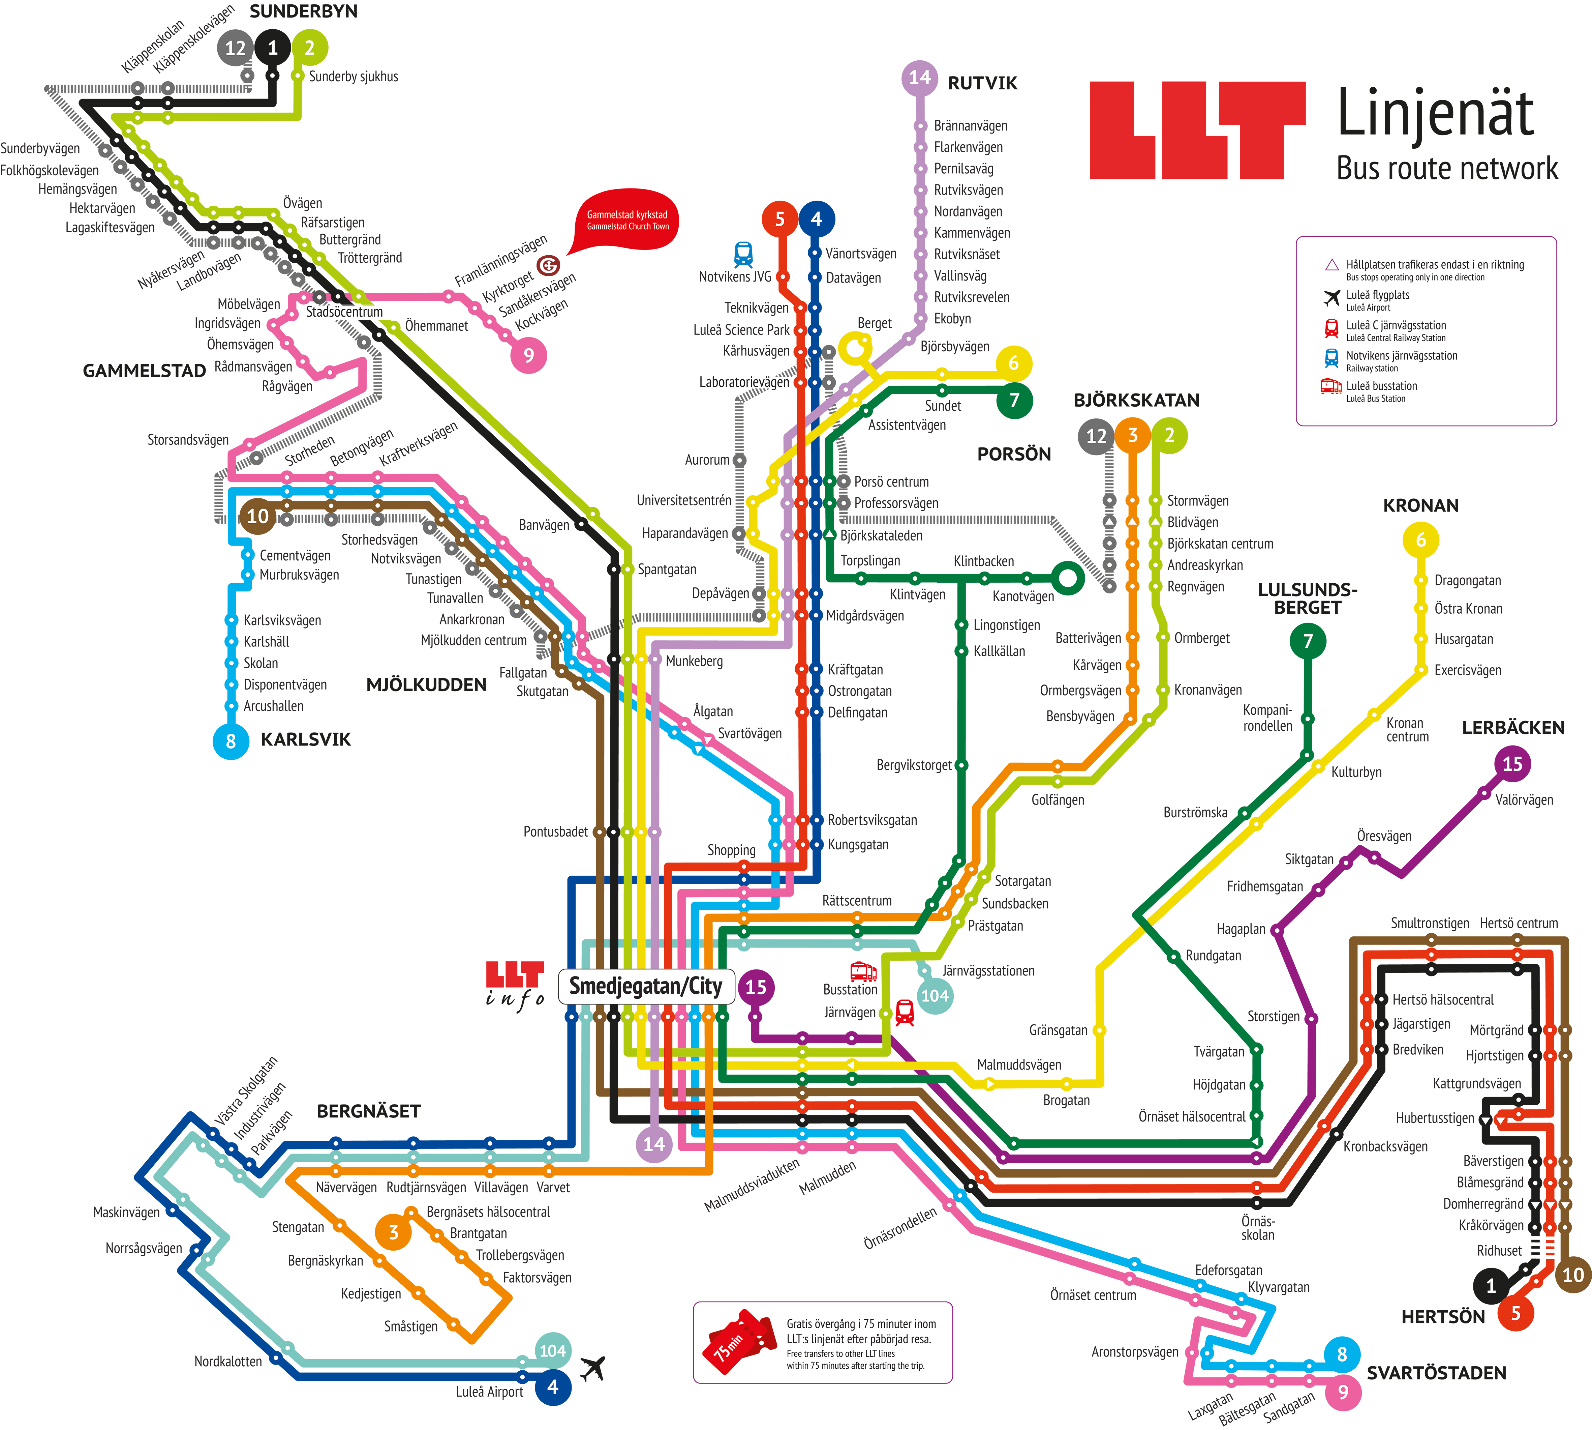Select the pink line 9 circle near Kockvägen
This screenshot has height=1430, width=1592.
pyautogui.click(x=528, y=355)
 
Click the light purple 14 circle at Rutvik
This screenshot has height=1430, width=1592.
pyautogui.click(x=920, y=78)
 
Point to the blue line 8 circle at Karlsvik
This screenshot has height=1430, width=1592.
pyautogui.click(x=231, y=741)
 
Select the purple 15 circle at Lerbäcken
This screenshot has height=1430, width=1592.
pyautogui.click(x=1512, y=764)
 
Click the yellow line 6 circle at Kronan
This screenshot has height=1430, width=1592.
pyautogui.click(x=1420, y=540)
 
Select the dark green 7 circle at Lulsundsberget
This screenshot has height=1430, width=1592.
pyautogui.click(x=1308, y=641)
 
